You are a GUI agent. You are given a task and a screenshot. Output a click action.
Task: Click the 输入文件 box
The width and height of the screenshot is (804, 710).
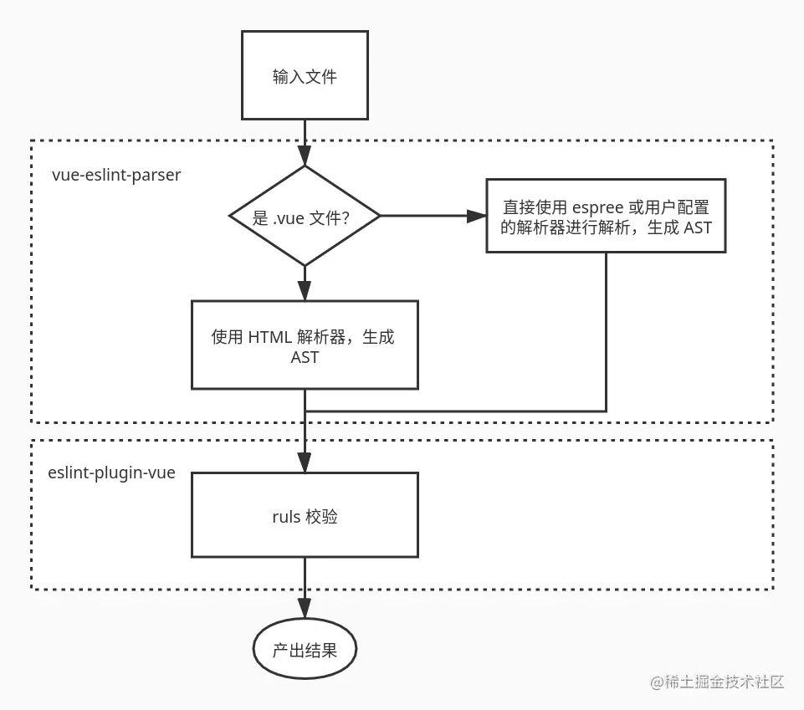pyautogui.click(x=305, y=75)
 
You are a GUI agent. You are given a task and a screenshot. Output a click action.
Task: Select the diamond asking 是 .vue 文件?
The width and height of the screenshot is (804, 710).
pyautogui.click(x=305, y=216)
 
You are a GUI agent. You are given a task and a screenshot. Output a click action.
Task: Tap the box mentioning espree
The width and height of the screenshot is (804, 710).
pyautogui.click(x=606, y=216)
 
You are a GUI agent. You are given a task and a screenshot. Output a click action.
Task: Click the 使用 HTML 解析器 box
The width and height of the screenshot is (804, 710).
pyautogui.click(x=305, y=345)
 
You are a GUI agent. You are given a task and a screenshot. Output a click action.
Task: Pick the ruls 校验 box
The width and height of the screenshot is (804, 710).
pyautogui.click(x=305, y=515)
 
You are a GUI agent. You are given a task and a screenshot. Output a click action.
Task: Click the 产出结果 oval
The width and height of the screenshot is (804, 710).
pyautogui.click(x=305, y=649)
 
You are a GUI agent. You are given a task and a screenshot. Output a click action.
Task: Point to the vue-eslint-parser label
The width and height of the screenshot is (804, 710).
pyautogui.click(x=115, y=176)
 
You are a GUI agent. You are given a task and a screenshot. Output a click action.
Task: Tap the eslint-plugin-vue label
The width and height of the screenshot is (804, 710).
pyautogui.click(x=112, y=472)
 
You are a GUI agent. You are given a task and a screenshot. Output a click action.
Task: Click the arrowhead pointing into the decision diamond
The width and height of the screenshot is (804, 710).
pyautogui.click(x=305, y=156)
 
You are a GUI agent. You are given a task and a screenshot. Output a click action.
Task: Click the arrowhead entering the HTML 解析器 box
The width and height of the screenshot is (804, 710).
pyautogui.click(x=305, y=291)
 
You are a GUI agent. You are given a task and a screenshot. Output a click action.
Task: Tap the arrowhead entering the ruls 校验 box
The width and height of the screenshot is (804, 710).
pyautogui.click(x=305, y=462)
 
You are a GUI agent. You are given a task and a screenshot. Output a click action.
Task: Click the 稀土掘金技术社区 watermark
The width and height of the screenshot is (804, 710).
pyautogui.click(x=717, y=682)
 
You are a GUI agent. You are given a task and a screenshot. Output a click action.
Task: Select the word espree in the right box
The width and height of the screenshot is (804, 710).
pyautogui.click(x=597, y=206)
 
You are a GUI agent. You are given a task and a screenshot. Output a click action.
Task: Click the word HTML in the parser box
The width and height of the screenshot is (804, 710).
pyautogui.click(x=269, y=337)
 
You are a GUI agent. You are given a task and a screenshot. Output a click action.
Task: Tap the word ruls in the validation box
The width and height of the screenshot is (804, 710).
pyautogui.click(x=286, y=516)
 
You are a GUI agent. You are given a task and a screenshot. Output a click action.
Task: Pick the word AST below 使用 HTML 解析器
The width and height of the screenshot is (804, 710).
pyautogui.click(x=305, y=356)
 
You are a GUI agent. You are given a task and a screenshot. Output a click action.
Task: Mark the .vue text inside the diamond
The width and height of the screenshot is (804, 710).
pyautogui.click(x=289, y=217)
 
